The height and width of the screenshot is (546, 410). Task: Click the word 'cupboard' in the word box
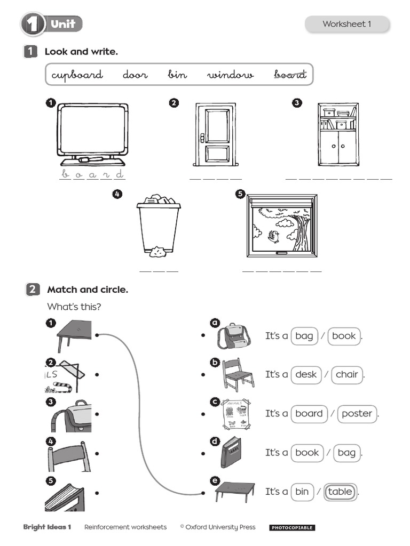77,75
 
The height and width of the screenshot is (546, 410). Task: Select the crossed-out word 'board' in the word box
290,75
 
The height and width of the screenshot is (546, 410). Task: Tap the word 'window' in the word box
230,75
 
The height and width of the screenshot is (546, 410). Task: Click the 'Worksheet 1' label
346,24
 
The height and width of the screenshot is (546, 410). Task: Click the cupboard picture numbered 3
338,134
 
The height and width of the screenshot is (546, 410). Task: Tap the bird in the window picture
275,235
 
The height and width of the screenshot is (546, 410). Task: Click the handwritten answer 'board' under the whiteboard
92,174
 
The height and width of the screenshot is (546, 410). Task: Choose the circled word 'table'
340,492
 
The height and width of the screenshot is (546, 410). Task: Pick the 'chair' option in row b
346,374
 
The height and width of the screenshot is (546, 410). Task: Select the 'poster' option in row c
357,413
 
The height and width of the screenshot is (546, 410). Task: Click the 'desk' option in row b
306,374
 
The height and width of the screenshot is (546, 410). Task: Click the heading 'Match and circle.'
88,290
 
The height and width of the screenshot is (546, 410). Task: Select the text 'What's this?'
74,307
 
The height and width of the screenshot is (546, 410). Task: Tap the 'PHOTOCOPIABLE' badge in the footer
291,528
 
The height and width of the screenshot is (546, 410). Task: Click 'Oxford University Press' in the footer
220,527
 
